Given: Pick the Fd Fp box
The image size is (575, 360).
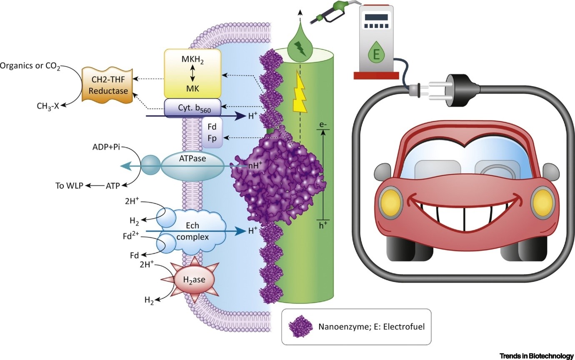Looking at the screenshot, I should (x=212, y=132).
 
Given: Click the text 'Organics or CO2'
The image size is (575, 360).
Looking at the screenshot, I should (x=30, y=67).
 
